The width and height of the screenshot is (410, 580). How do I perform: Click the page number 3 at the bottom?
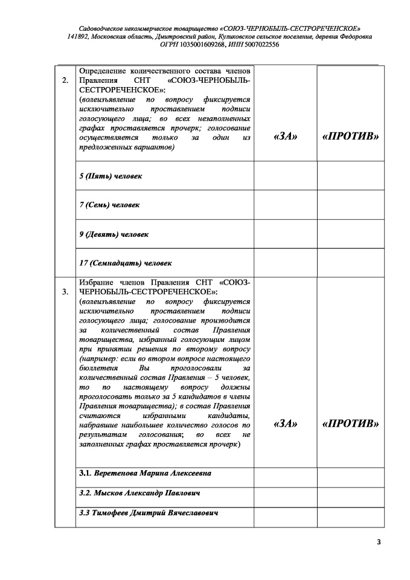pyautogui.click(x=379, y=541)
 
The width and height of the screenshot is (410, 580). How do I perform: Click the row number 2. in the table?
pyautogui.click(x=65, y=82)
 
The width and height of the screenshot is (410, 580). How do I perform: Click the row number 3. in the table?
pyautogui.click(x=65, y=293)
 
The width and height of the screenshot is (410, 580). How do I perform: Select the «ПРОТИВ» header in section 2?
pyautogui.click(x=351, y=137)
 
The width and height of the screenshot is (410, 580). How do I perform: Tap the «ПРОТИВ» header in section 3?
pyautogui.click(x=351, y=424)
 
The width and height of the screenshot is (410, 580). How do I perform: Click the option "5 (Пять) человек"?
pyautogui.click(x=111, y=176)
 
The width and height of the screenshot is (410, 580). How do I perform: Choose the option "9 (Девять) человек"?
pyautogui.click(x=114, y=234)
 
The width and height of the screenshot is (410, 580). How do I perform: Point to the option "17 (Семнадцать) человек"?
pyautogui.click(x=126, y=263)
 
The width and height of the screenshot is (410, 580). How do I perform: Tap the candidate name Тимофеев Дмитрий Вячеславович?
pyautogui.click(x=149, y=513)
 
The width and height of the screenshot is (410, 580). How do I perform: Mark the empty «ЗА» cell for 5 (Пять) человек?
pyautogui.click(x=285, y=176)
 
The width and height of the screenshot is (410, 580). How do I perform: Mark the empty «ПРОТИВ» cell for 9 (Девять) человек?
pyautogui.click(x=351, y=234)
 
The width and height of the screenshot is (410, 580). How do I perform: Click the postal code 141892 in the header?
pyautogui.click(x=78, y=37)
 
